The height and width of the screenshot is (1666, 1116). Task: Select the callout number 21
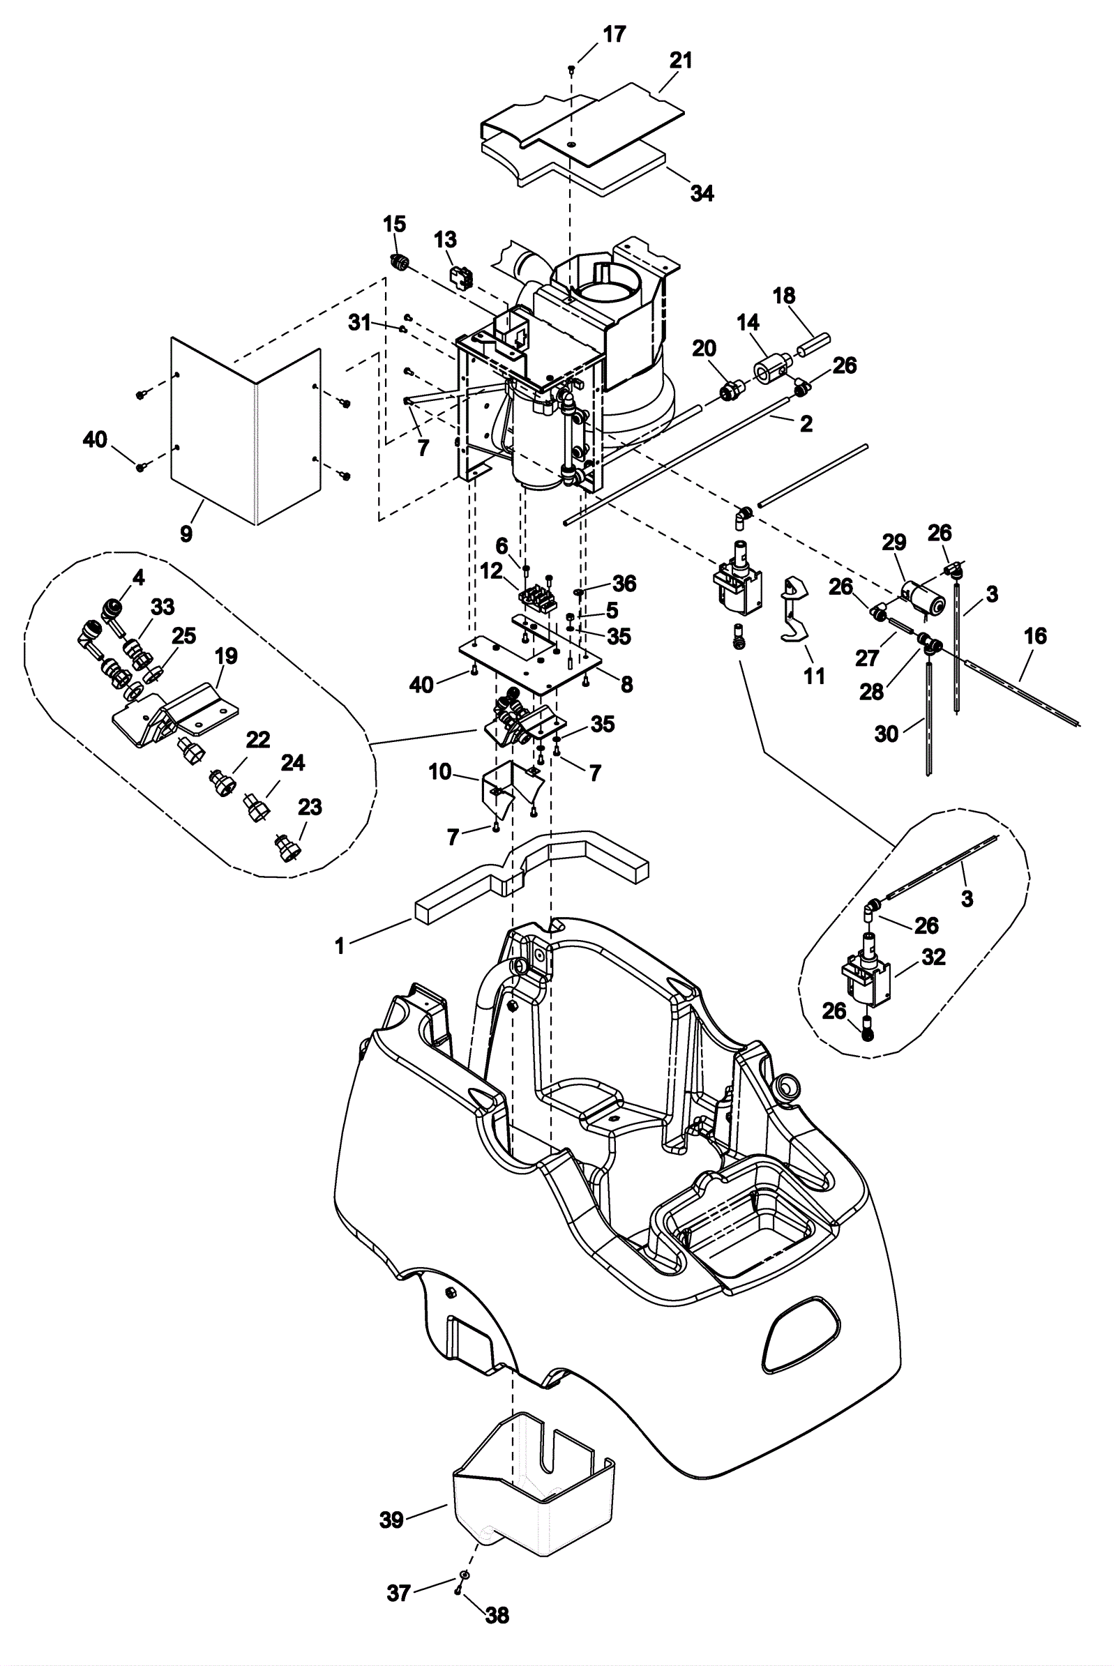pos(681,61)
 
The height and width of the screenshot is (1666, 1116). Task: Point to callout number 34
pos(702,193)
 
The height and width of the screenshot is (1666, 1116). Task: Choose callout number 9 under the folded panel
pos(186,533)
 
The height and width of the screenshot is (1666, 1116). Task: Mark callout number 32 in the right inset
pos(933,957)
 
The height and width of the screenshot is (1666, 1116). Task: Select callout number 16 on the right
pos(1035,635)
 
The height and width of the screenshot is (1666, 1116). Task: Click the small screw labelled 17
pos(571,68)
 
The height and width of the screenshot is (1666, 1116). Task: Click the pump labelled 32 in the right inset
pos(864,972)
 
